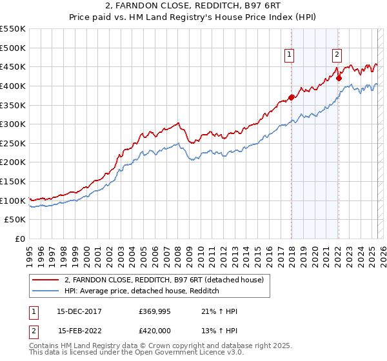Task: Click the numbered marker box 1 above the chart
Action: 290,55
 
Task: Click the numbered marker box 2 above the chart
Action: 337,55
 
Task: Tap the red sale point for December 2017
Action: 291,97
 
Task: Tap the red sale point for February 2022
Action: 339,79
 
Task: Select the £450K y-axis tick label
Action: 14,66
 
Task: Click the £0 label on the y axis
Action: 21,239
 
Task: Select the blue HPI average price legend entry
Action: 142,291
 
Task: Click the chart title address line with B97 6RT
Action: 193,6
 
